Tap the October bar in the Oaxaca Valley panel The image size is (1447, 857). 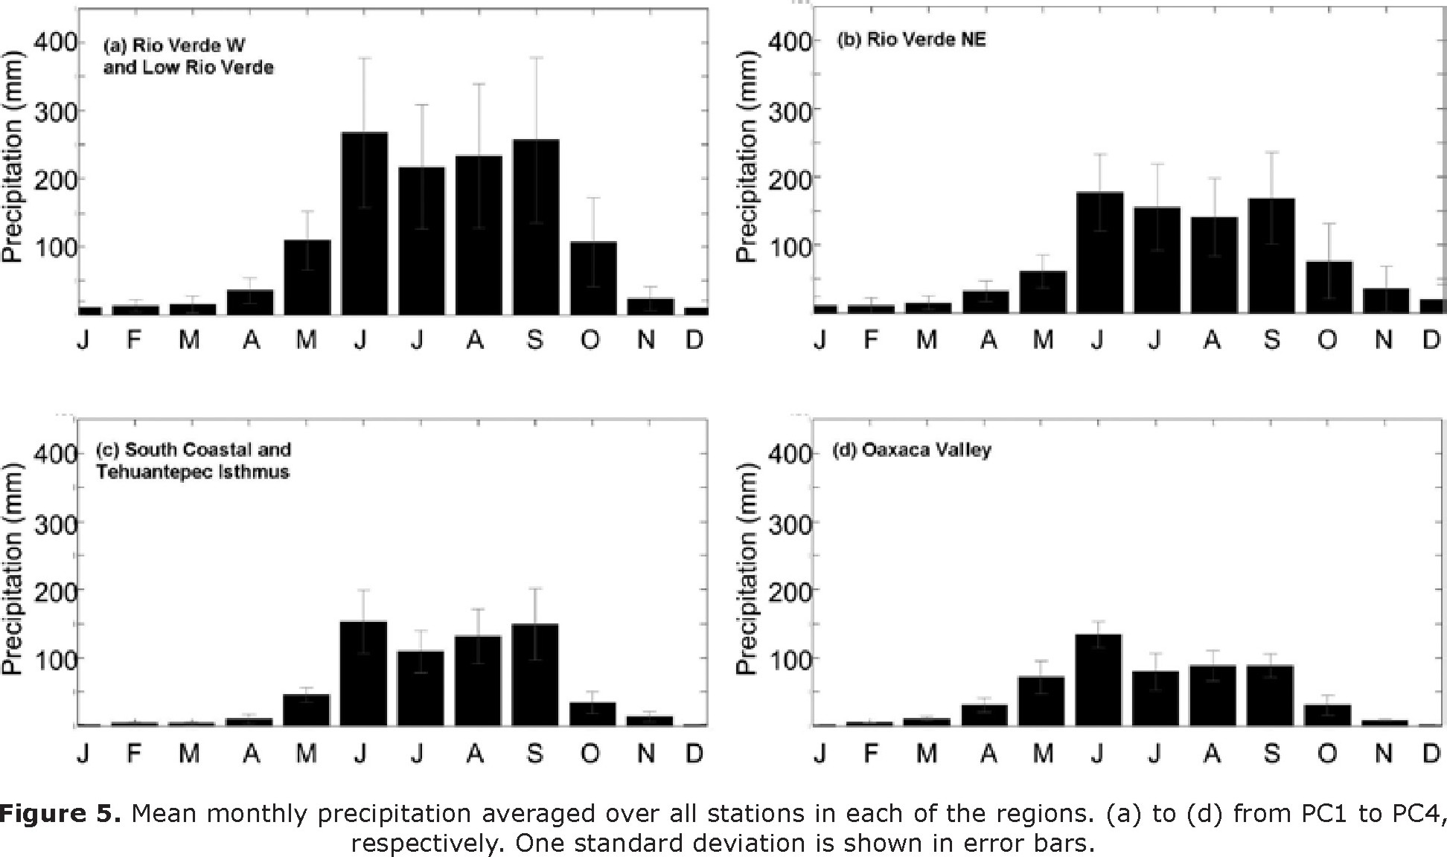coord(1327,714)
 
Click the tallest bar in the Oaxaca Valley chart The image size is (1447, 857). coord(1098,680)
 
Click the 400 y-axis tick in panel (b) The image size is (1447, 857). coord(790,41)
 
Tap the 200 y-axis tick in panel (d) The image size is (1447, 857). coord(790,591)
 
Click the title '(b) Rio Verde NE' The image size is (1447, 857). coord(911,39)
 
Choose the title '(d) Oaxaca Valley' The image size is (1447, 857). coord(911,450)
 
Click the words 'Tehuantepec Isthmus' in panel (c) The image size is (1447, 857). coord(192,472)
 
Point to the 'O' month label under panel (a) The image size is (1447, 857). coord(590,341)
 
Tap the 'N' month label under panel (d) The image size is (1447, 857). coord(1383,754)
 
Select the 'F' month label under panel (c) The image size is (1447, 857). coord(134,754)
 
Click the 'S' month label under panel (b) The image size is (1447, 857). coord(1271,341)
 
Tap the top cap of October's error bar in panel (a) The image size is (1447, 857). coord(592,198)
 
